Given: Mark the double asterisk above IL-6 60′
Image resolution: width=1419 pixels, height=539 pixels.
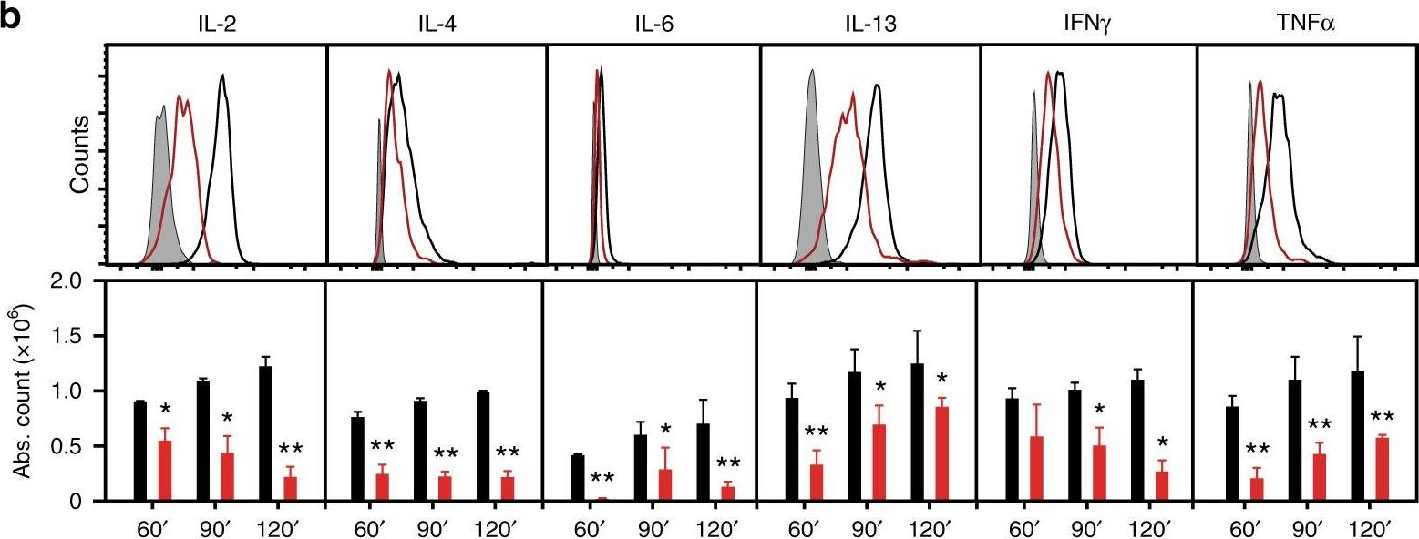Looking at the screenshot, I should coord(604,480).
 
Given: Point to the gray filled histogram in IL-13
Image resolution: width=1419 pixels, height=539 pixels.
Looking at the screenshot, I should coord(810,182).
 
